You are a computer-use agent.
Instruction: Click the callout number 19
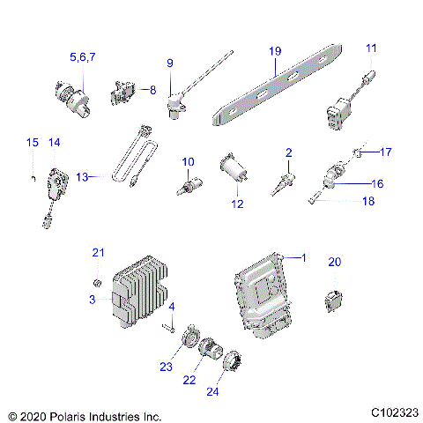(x=274, y=51)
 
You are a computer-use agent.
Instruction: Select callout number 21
(x=99, y=254)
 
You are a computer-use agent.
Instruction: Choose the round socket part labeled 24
(x=231, y=362)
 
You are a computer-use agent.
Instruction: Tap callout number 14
(x=54, y=142)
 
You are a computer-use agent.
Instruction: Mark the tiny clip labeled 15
(x=32, y=178)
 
